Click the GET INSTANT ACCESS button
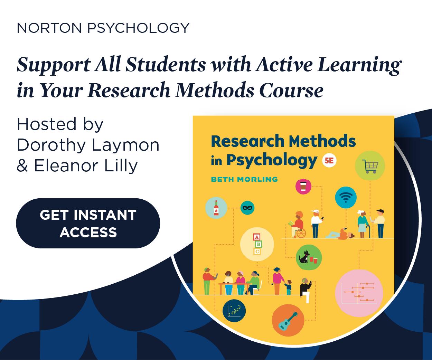click(x=88, y=223)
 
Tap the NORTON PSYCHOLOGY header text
click(x=103, y=28)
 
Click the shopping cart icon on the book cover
click(x=370, y=166)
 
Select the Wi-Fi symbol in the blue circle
click(x=346, y=197)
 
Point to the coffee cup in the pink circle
click(x=303, y=186)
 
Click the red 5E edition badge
click(x=329, y=161)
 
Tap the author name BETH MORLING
click(x=244, y=179)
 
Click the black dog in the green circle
click(x=305, y=257)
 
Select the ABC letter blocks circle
click(x=257, y=244)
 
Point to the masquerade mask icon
click(x=247, y=208)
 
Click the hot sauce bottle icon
click(x=216, y=208)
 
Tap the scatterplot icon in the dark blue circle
click(x=234, y=311)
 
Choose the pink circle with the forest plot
click(x=359, y=293)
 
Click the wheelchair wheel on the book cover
click(x=301, y=234)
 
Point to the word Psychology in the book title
click(x=272, y=160)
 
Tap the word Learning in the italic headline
click(x=359, y=65)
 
